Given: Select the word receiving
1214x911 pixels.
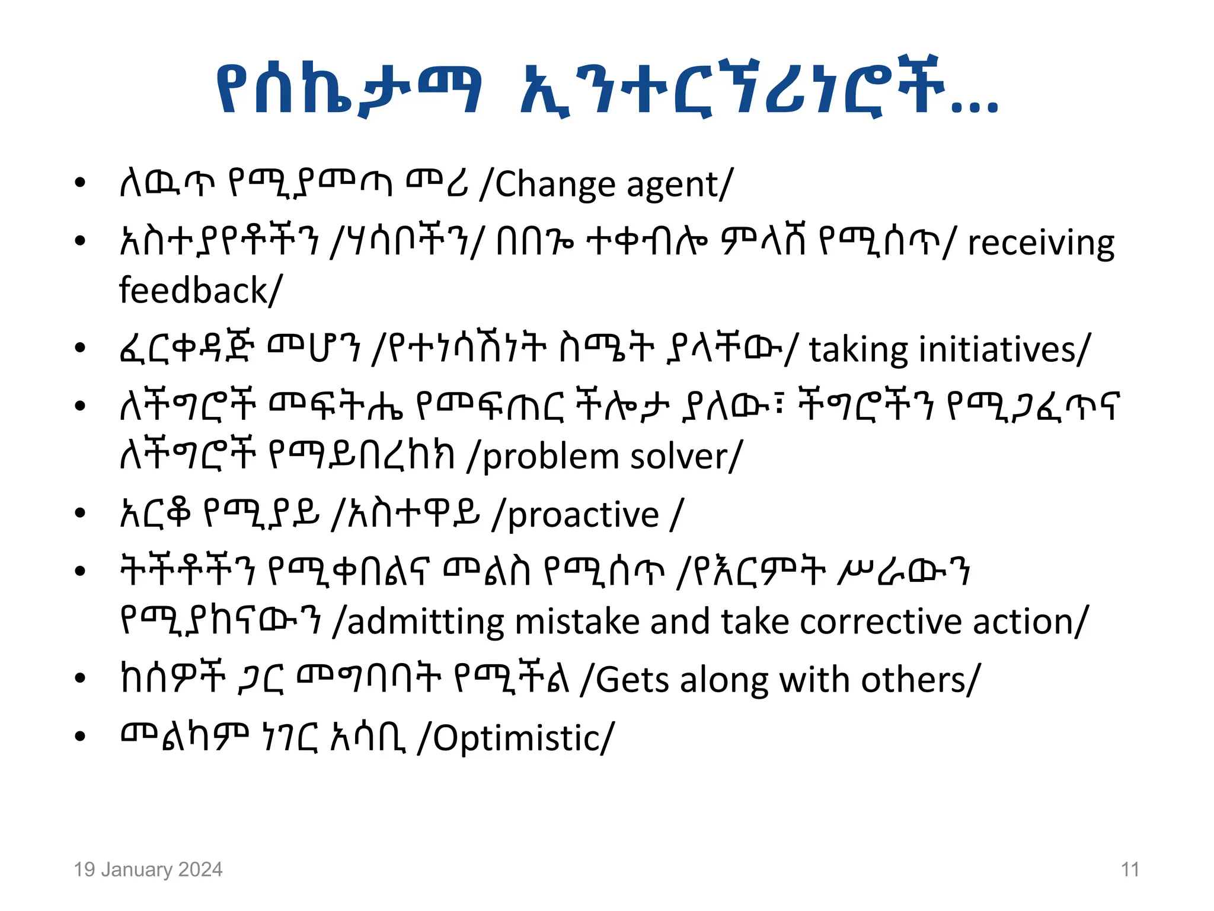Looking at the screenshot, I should pos(1041,244).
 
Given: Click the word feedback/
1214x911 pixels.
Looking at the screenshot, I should pos(200,291).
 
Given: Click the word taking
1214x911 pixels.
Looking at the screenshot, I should pos(858,350).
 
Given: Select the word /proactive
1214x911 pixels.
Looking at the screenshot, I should pos(576,515).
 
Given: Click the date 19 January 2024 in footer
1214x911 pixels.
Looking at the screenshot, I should pos(148,869).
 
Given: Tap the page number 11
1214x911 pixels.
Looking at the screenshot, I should pos(1130,869).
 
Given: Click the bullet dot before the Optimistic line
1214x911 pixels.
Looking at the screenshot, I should pos(81,737).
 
